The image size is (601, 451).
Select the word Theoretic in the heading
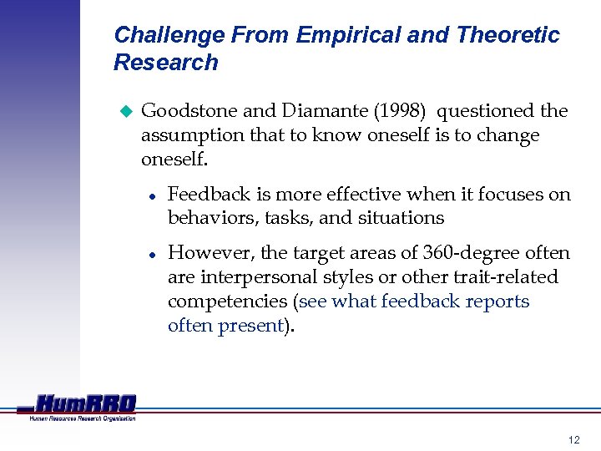click(x=508, y=35)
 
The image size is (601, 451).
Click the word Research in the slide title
click(x=165, y=63)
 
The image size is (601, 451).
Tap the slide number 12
click(x=573, y=439)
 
